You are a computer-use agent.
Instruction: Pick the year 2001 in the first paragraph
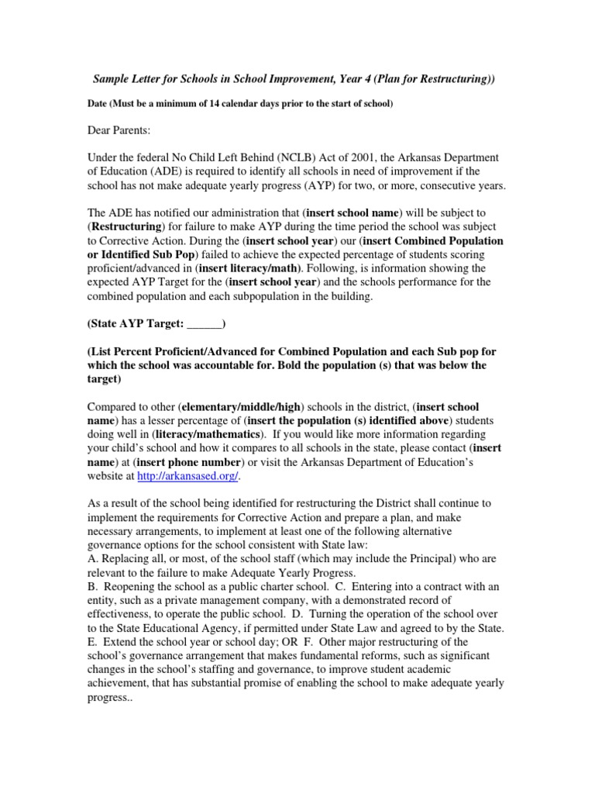click(367, 158)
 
